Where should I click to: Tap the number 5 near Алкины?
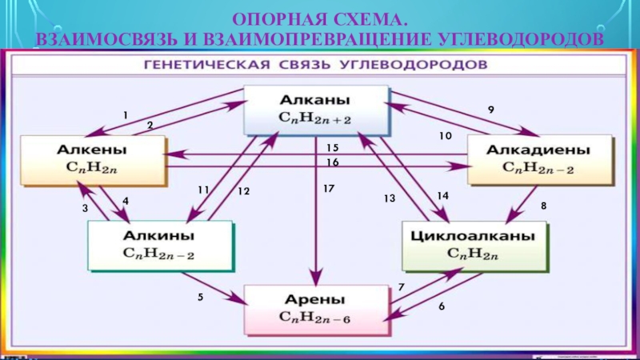pyautogui.click(x=201, y=297)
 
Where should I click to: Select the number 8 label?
pyautogui.click(x=544, y=206)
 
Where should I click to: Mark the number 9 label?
pyautogui.click(x=491, y=109)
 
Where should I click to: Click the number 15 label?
pyautogui.click(x=333, y=148)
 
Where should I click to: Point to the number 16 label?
pyautogui.click(x=333, y=162)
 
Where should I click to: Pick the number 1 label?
pyautogui.click(x=125, y=115)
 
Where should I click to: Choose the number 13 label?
pyautogui.click(x=390, y=198)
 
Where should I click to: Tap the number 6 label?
pyautogui.click(x=440, y=306)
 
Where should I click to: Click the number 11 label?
pyautogui.click(x=203, y=190)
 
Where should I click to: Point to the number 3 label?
pyautogui.click(x=85, y=208)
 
